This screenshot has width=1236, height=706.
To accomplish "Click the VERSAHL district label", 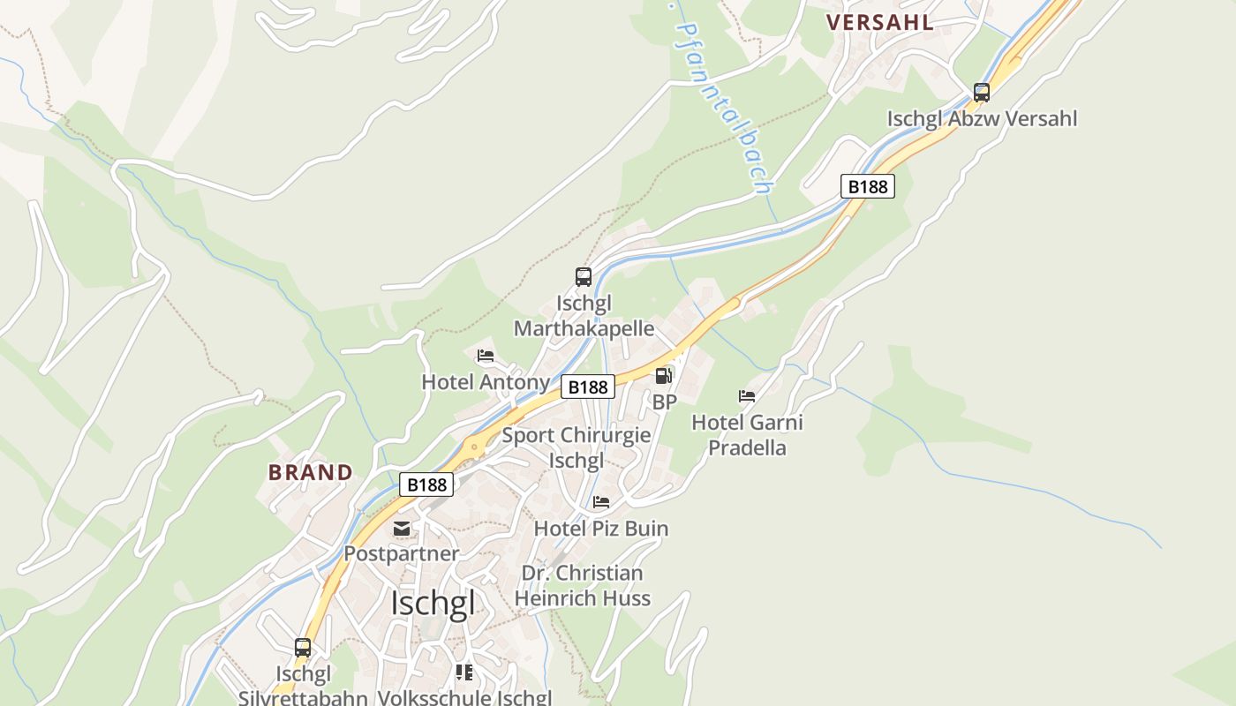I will point(879,22).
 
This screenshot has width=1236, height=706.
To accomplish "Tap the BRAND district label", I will point(311,472).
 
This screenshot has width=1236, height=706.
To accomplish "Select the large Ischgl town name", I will point(433,604).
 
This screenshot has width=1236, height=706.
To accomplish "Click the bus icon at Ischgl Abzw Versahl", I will point(981,93).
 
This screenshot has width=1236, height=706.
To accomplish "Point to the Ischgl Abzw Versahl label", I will point(982,118).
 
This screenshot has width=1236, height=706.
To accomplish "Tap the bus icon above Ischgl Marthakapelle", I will point(584,277).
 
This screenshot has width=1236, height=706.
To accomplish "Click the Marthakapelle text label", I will point(584,329).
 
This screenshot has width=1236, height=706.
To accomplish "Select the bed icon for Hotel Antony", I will point(486,357).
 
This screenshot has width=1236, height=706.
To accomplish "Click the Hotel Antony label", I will point(486,382).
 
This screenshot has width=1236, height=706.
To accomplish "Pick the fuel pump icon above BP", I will point(663,376).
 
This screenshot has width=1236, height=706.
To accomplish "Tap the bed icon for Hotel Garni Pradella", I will point(747,396).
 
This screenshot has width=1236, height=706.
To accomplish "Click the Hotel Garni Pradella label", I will point(747,434).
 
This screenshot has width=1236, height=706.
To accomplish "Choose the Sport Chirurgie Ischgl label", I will point(577,447).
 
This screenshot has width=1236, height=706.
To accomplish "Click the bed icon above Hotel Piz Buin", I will point(601,502).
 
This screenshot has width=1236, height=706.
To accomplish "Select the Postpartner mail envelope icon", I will point(402,529).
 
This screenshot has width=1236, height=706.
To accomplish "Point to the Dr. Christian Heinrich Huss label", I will point(583,585).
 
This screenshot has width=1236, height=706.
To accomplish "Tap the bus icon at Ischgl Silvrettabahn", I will point(303,648).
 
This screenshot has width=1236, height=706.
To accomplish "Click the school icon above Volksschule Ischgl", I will point(464,672).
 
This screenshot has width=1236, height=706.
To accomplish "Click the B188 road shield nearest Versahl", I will point(866,186).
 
